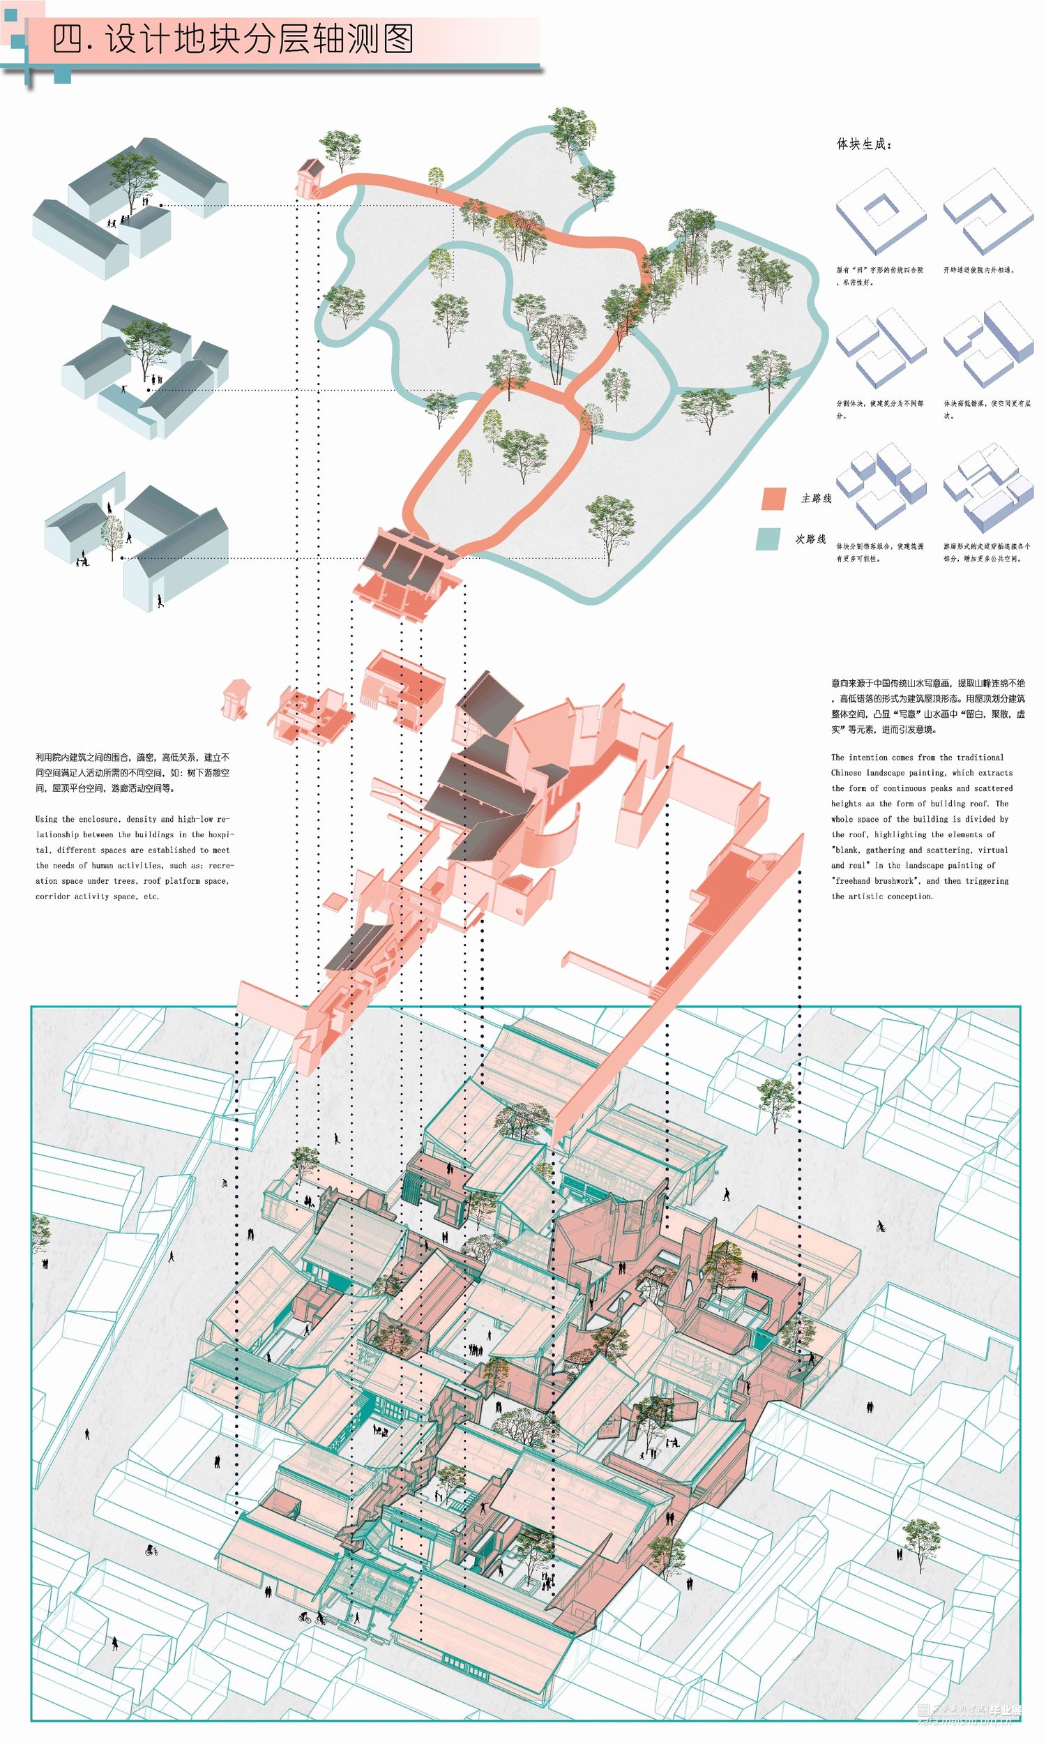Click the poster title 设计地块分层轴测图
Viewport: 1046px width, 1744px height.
(233, 40)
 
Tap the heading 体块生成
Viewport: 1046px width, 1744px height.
(863, 144)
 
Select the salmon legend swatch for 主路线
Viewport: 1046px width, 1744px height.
(773, 498)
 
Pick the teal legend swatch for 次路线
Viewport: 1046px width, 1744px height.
(768, 539)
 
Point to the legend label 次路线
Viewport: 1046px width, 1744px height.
(810, 539)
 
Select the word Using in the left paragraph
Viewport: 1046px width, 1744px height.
(46, 819)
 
